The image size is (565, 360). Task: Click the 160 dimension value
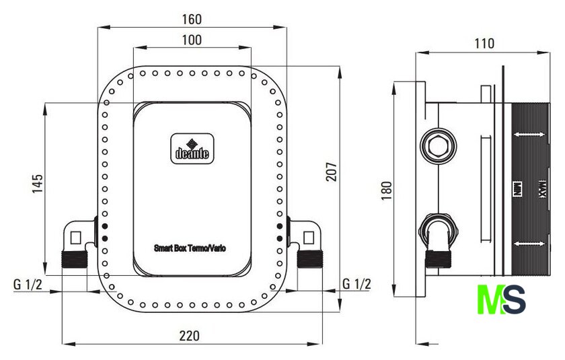(x=192, y=19)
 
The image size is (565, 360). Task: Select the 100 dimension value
(x=192, y=40)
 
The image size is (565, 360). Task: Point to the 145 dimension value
(x=38, y=184)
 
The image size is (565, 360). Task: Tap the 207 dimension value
(x=332, y=172)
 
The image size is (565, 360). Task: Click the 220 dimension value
(x=190, y=336)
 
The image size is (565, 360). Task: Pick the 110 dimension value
(x=484, y=44)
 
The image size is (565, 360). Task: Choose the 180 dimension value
(x=386, y=190)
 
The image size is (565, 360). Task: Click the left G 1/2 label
(x=28, y=285)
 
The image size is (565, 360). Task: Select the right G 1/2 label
(x=356, y=284)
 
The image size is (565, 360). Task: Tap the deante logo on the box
(x=192, y=149)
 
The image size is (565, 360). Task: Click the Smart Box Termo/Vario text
(x=190, y=248)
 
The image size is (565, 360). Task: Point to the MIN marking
(x=517, y=189)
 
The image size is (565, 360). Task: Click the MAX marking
(x=542, y=189)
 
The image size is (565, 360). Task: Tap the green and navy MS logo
(x=501, y=299)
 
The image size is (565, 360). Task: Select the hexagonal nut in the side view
(x=438, y=146)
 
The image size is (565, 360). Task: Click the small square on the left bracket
(x=75, y=238)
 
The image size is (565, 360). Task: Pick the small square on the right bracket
(x=309, y=238)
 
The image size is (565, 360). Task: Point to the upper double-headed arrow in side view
(x=529, y=135)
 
